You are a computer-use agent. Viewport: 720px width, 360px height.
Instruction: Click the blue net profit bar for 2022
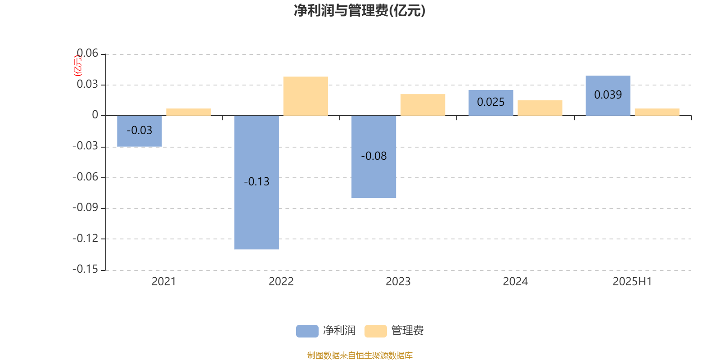(x=256, y=182)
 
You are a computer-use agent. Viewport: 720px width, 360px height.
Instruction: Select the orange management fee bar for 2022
(x=306, y=96)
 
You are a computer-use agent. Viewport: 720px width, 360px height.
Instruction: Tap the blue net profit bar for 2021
(x=139, y=131)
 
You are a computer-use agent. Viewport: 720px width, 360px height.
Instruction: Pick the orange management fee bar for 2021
(x=189, y=112)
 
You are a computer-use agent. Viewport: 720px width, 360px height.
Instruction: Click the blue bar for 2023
(x=374, y=157)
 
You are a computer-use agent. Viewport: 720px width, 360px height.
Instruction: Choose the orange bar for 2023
(x=423, y=105)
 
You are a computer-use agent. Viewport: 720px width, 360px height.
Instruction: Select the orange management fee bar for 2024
(x=540, y=108)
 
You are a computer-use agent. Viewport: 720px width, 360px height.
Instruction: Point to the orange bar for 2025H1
(x=657, y=112)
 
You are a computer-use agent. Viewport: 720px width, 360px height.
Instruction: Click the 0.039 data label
(x=608, y=95)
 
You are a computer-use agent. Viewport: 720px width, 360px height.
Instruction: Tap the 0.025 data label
(x=491, y=102)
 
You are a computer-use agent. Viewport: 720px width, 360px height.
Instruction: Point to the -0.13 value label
(x=256, y=182)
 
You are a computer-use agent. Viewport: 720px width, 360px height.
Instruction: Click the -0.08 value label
(x=374, y=156)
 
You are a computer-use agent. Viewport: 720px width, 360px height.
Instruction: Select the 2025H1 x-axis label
(x=632, y=282)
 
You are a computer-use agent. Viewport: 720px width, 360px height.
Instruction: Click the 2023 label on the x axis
(x=398, y=282)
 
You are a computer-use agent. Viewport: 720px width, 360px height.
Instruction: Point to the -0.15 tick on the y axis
(x=85, y=269)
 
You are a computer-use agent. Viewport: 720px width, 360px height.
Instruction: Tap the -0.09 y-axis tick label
(x=85, y=207)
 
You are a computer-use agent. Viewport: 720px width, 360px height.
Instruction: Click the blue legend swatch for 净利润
(x=307, y=331)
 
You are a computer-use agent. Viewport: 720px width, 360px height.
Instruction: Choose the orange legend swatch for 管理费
(x=375, y=331)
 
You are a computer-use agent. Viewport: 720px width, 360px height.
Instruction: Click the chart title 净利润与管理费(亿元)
(x=360, y=11)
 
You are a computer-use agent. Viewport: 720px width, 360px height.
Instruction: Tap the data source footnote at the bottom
(x=360, y=355)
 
